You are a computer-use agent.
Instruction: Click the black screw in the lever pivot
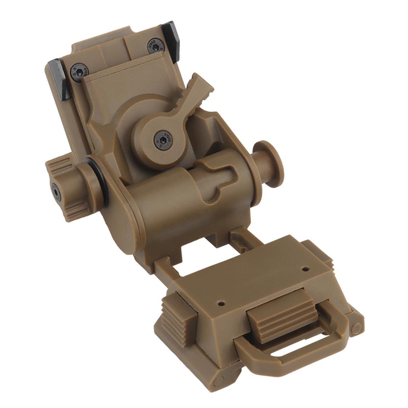coord(162,140)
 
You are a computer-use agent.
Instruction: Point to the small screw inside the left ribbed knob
coord(55,192)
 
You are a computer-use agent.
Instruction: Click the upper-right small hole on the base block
coord(305,269)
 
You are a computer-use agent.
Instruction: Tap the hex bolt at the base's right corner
coord(356,327)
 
